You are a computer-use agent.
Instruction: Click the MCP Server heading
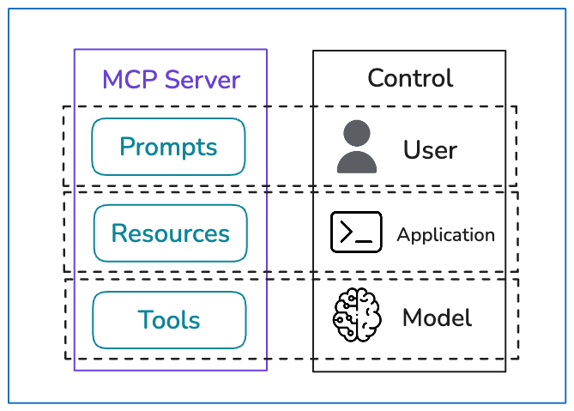[171, 79]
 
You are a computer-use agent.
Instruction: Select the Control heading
[410, 77]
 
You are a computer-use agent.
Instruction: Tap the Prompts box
[168, 147]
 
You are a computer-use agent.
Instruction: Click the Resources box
[171, 233]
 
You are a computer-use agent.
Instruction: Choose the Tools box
[169, 320]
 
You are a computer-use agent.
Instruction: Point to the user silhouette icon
[357, 147]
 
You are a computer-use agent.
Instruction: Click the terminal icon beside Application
[356, 232]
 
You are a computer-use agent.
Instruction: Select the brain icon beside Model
[357, 315]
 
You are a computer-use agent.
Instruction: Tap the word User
[430, 149]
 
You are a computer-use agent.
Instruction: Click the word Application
[446, 235]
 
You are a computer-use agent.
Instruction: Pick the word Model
[437, 317]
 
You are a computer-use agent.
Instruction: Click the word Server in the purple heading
[202, 80]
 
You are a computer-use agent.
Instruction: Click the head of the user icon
[357, 133]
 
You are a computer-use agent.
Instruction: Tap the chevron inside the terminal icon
[347, 232]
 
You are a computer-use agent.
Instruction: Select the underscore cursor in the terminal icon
[364, 241]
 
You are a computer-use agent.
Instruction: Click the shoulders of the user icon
[357, 162]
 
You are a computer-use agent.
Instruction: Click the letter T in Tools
[145, 319]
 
